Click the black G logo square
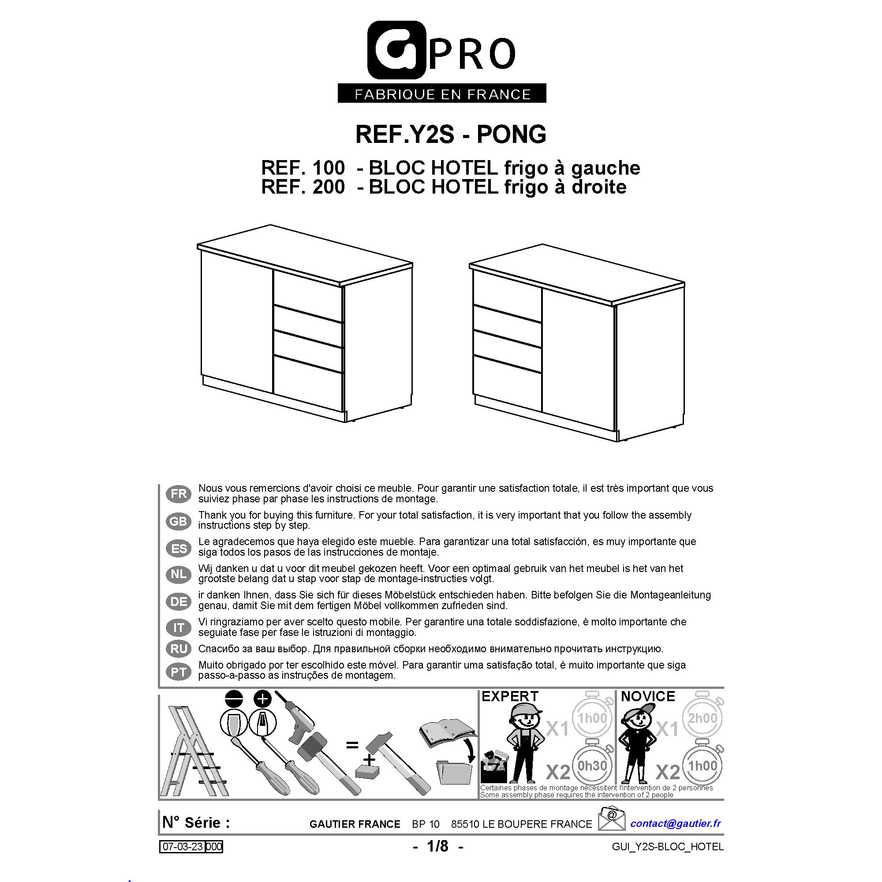[397, 50]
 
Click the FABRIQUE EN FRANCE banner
[442, 93]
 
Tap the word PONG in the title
[511, 134]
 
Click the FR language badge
[179, 494]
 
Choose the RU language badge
[179, 649]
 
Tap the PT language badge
[179, 672]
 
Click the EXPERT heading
[510, 696]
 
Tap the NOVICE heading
[648, 696]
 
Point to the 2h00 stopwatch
[703, 718]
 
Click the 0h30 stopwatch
[592, 766]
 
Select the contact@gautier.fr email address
[676, 823]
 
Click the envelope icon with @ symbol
[612, 819]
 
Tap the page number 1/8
[438, 846]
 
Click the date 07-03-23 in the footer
[183, 847]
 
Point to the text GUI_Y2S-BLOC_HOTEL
[667, 847]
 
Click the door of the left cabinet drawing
[236, 322]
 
